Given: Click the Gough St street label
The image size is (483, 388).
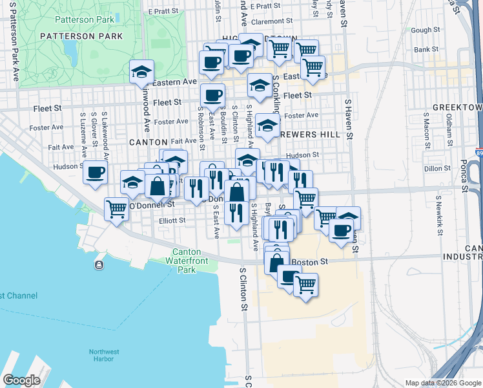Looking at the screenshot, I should [x=425, y=30].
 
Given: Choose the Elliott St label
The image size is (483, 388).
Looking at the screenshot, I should [x=172, y=221].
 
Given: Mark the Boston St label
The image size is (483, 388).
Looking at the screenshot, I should [x=310, y=262].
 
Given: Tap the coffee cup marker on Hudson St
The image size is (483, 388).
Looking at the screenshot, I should [x=96, y=172].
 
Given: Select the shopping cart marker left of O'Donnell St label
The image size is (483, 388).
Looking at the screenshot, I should [x=116, y=209].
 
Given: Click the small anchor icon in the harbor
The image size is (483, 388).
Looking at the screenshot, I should [x=99, y=265].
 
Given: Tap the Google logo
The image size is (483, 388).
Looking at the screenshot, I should [x=21, y=380].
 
